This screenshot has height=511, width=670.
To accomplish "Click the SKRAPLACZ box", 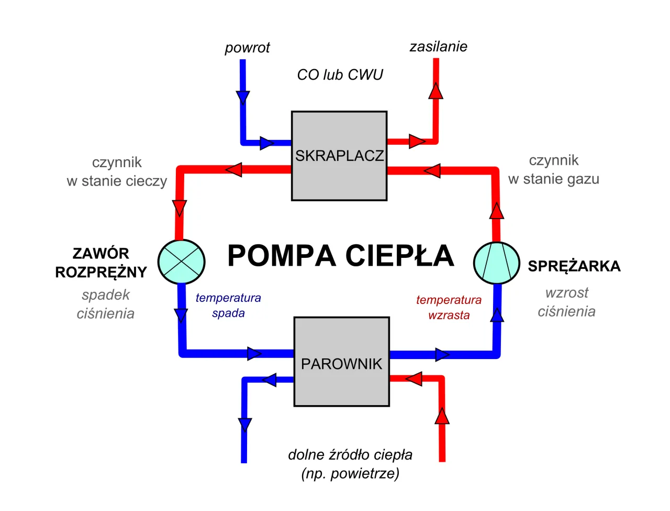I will pyautogui.click(x=339, y=156).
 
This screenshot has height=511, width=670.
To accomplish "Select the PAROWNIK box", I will pyautogui.click(x=341, y=362).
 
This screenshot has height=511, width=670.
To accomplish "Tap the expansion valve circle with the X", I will pyautogui.click(x=181, y=262).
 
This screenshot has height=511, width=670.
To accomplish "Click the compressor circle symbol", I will pyautogui.click(x=496, y=263).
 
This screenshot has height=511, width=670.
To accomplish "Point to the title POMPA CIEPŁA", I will pyautogui.click(x=340, y=256).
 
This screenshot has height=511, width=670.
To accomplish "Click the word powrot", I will pyautogui.click(x=247, y=48).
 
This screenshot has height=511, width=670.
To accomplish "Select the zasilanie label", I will pyautogui.click(x=438, y=47).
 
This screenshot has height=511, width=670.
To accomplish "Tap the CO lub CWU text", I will pyautogui.click(x=340, y=75).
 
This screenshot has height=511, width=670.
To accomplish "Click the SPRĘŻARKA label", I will pyautogui.click(x=574, y=266).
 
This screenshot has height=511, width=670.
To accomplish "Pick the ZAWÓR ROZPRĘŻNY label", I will pyautogui.click(x=101, y=263).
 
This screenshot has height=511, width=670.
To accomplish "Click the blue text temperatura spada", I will pyautogui.click(x=228, y=305).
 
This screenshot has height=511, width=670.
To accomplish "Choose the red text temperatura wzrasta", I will pyautogui.click(x=449, y=307).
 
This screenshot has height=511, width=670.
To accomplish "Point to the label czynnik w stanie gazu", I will pyautogui.click(x=553, y=169).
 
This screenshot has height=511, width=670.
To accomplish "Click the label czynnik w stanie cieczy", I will pyautogui.click(x=117, y=171).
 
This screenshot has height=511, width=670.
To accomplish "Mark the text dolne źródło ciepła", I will pyautogui.click(x=350, y=454).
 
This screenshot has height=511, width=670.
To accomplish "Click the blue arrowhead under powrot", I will pyautogui.click(x=243, y=97).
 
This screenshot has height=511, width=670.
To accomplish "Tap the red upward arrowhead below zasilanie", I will pyautogui.click(x=435, y=91).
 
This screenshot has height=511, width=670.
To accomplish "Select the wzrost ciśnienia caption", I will pyautogui.click(x=566, y=302).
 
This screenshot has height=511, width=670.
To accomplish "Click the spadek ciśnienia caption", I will pyautogui.click(x=106, y=304).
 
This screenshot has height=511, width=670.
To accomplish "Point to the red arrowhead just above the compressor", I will pyautogui.click(x=496, y=211).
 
